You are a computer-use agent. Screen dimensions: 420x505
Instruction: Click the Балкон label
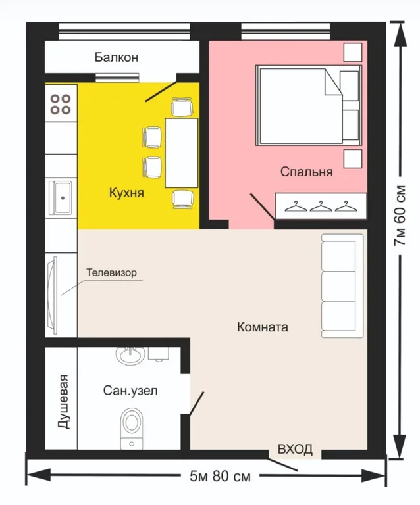pyautogui.click(x=117, y=57)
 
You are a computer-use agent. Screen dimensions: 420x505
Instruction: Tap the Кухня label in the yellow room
pyautogui.click(x=126, y=193)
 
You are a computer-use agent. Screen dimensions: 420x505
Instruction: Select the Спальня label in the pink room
pyautogui.click(x=306, y=172)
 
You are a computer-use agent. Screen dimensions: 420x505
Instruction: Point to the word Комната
pyautogui.click(x=263, y=327)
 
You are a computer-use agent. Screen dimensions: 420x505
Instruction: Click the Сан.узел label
pyautogui.click(x=130, y=391)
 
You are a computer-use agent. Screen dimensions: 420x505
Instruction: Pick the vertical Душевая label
pyautogui.click(x=63, y=402)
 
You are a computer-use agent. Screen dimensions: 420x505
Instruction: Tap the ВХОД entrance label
pyautogui.click(x=295, y=449)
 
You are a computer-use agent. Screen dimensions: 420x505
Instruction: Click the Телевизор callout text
pyautogui.click(x=111, y=272)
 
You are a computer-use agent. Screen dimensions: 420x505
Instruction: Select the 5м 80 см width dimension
pyautogui.click(x=220, y=476)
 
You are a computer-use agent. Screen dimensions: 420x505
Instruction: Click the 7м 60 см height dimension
pyautogui.click(x=400, y=216)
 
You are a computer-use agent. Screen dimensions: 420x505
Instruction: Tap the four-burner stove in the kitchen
pyautogui.click(x=61, y=103)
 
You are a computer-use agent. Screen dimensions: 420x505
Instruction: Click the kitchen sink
pyautogui.click(x=61, y=197)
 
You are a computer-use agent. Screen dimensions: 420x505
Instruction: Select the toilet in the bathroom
pyautogui.click(x=132, y=429)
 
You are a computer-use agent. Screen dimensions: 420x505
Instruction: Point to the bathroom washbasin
pyautogui.click(x=130, y=356)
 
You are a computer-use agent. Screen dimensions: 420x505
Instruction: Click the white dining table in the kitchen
pyautogui.click(x=182, y=153)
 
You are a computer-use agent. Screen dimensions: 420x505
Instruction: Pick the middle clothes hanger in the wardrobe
pyautogui.click(x=321, y=206)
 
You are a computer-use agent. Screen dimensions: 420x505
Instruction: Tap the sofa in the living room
pyautogui.click(x=342, y=286)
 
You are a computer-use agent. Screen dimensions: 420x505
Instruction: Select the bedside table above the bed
pyautogui.click(x=353, y=52)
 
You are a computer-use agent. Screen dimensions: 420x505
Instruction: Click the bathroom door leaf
pyautogui.click(x=196, y=404)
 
